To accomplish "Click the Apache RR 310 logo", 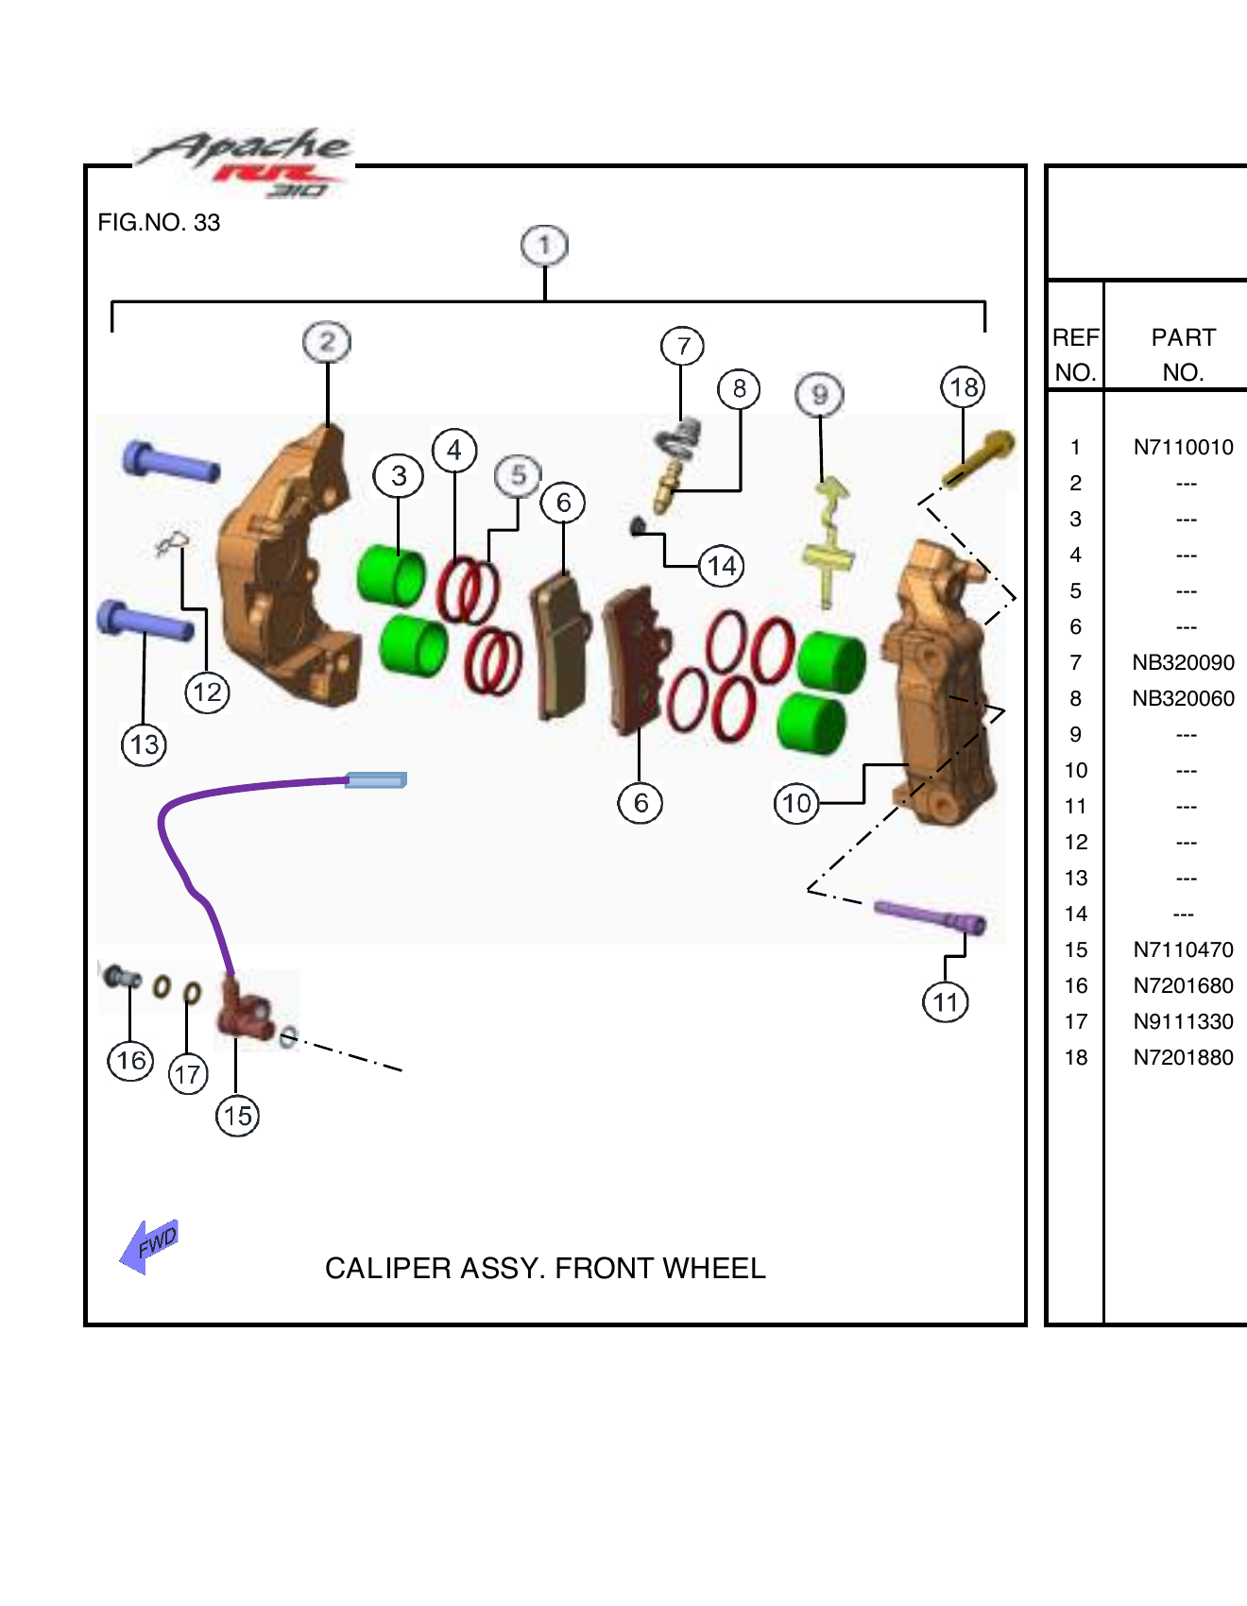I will pos(246,162).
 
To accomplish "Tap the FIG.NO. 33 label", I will pos(159,223).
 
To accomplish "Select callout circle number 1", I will pos(544,246).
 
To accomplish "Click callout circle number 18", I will pos(963,387).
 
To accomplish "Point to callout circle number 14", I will pos(722,566).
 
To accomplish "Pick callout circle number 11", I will pos(946,1002).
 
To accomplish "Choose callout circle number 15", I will pos(237,1116).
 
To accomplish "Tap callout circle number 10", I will pos(796,804).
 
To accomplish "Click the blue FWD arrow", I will pos(149,1245).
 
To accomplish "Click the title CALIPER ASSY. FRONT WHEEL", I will pos(545,1268).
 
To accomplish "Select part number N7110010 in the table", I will pos(1183,448).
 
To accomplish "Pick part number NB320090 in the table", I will pos(1183,663).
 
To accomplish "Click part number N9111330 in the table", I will pos(1183,1022).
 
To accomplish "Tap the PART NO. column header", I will pos(1183,354).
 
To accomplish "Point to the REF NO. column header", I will pos(1075,354).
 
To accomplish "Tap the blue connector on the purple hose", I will pos(376,779).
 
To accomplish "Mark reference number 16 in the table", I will pos(1076,986).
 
